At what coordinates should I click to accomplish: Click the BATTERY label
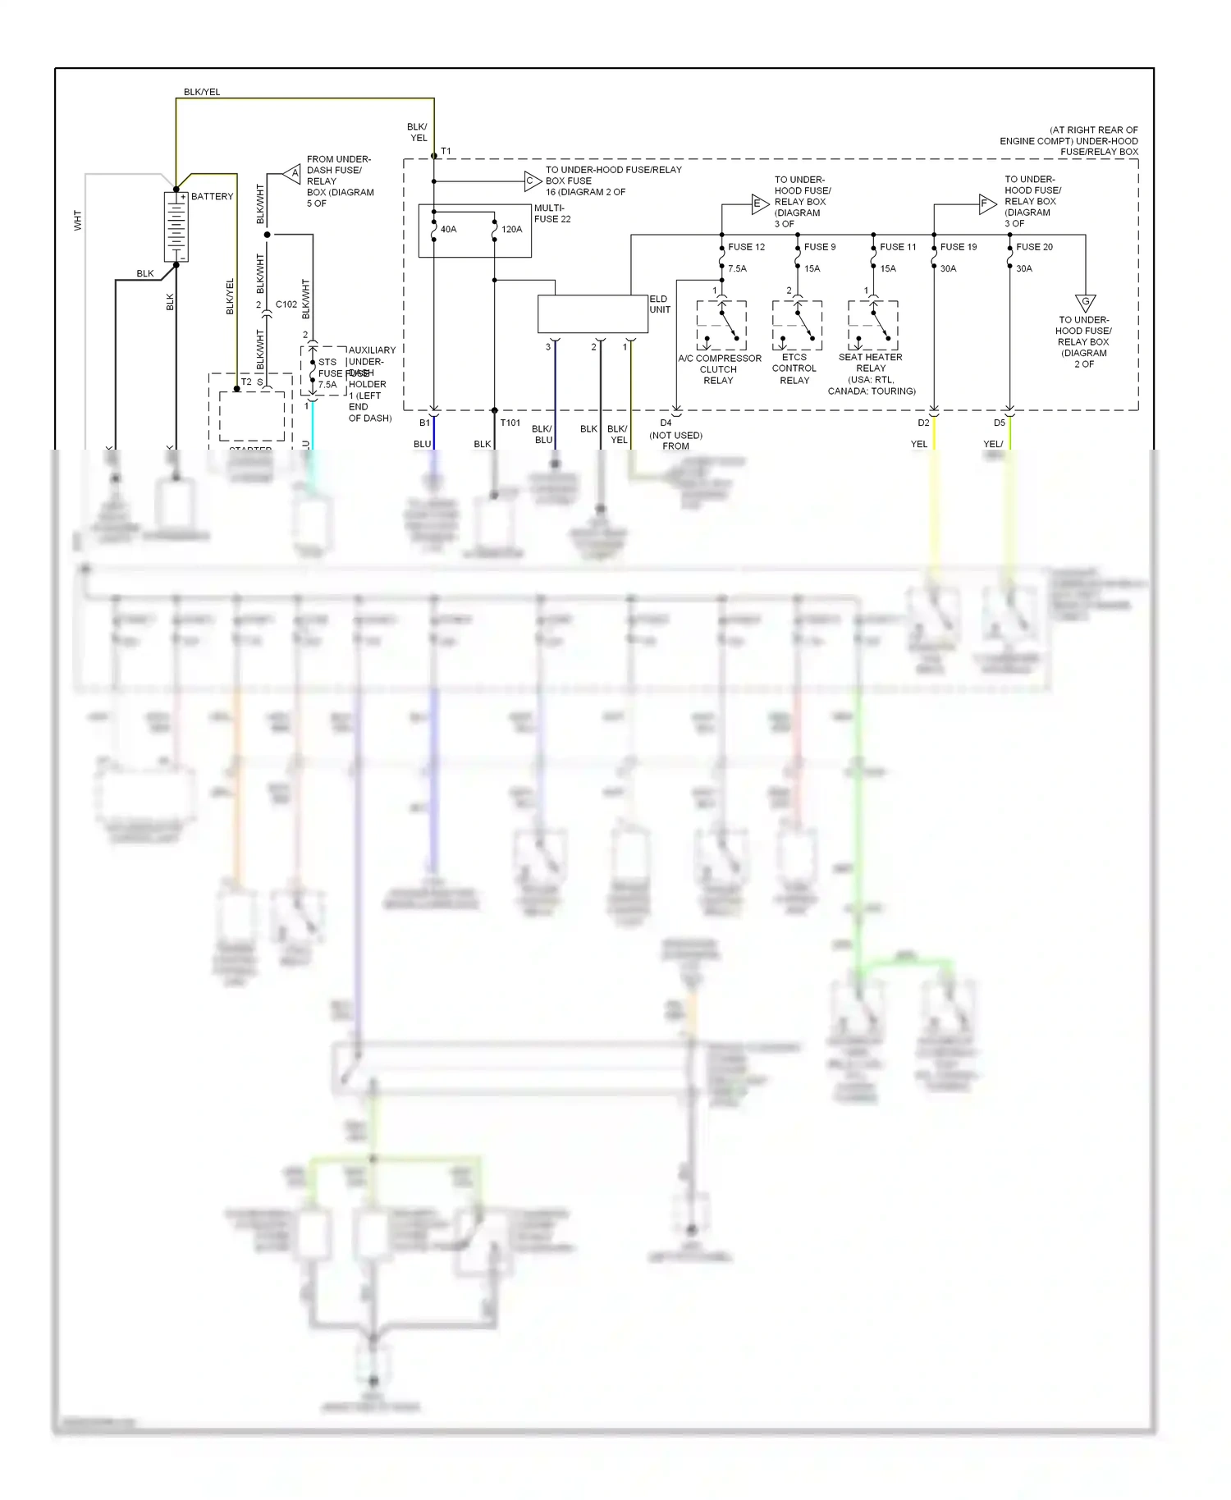[x=212, y=197]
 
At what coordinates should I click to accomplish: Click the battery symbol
[x=176, y=227]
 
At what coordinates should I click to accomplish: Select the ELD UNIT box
[x=593, y=314]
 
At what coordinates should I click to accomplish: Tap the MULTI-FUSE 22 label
[x=552, y=213]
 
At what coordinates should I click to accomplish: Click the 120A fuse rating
[x=511, y=230]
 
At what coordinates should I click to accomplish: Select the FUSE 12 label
[x=746, y=247]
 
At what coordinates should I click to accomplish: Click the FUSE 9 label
[x=820, y=247]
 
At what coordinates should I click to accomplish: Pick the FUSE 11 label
[x=898, y=247]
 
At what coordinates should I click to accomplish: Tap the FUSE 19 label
[x=959, y=247]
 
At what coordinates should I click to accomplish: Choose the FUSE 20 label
[x=1034, y=247]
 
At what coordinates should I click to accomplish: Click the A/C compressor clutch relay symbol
[x=721, y=326]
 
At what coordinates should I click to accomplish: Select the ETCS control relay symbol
[x=797, y=326]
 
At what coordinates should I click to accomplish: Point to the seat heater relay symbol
[x=873, y=326]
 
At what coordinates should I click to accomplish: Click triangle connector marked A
[x=293, y=173]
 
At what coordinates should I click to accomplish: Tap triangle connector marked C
[x=532, y=181]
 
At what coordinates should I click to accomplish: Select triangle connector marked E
[x=759, y=204]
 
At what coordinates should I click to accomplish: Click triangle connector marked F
[x=986, y=204]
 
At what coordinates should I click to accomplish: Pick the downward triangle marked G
[x=1085, y=303]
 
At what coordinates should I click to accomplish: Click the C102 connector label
[x=286, y=304]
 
